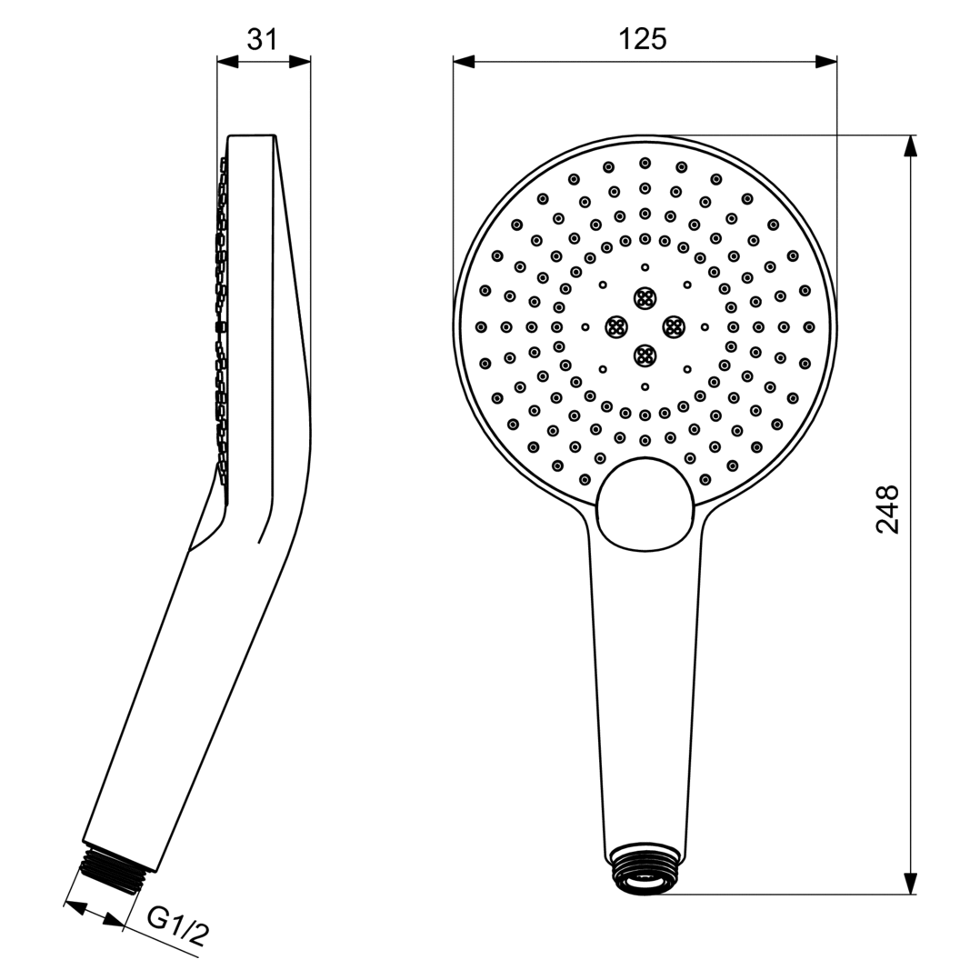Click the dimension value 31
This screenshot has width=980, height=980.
pyautogui.click(x=263, y=39)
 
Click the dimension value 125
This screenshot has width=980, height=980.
pyautogui.click(x=643, y=39)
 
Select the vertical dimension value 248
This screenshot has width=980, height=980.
pyautogui.click(x=886, y=509)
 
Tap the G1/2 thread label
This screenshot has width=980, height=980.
pyautogui.click(x=178, y=927)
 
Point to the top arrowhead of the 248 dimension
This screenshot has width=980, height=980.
pyautogui.click(x=910, y=146)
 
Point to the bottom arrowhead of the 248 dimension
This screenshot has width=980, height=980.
pyautogui.click(x=910, y=883)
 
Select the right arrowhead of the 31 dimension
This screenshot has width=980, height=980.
pyautogui.click(x=300, y=62)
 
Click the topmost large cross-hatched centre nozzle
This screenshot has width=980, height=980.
pyautogui.click(x=645, y=297)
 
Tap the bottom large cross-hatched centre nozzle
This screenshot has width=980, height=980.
pyautogui.click(x=645, y=355)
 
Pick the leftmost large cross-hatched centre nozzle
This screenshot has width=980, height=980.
pyautogui.click(x=616, y=326)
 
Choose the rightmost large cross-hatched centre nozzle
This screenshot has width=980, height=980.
pyautogui.click(x=674, y=326)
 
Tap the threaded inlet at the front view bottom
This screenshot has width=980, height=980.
pyautogui.click(x=645, y=869)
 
